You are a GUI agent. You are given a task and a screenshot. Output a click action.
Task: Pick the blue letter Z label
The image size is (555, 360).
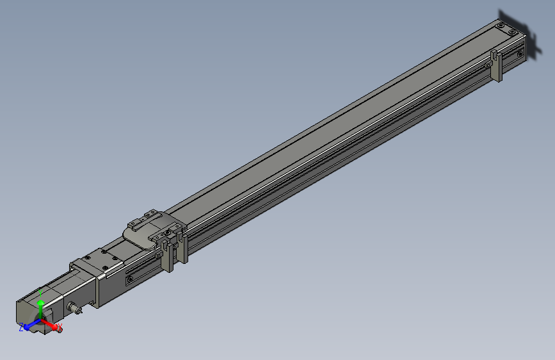(x=21, y=327)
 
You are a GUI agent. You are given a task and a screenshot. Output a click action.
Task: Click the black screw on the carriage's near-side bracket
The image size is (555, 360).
(x=171, y=227)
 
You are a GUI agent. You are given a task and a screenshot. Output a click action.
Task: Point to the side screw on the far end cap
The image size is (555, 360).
(x=530, y=51)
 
